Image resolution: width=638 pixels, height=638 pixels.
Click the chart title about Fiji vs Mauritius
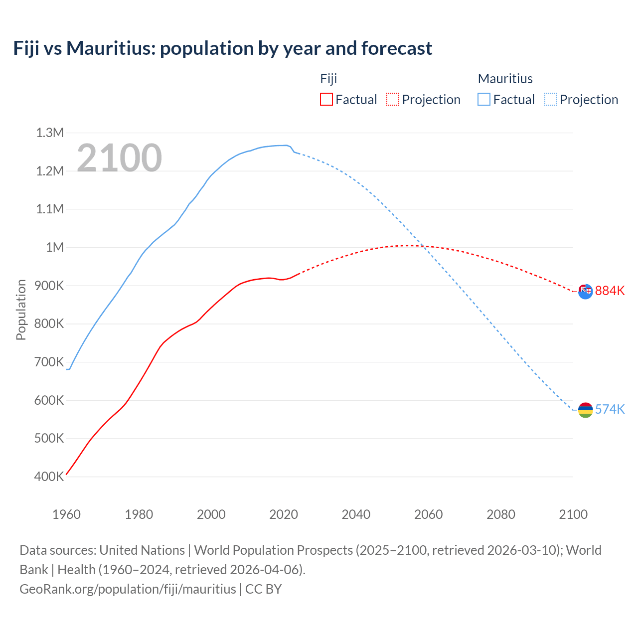pos(223,48)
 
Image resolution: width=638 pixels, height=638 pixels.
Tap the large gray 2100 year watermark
pos(119,158)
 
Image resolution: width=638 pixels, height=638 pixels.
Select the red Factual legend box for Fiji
pos(326,100)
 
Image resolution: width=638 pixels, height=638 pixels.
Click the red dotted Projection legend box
pos(393,100)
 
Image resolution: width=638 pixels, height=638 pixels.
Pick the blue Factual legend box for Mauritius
pos(484,100)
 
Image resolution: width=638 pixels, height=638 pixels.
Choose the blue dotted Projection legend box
pos(551,100)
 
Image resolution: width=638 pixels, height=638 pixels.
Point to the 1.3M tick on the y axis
pos(50,133)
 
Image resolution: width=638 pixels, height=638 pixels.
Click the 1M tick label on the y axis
pos(55,247)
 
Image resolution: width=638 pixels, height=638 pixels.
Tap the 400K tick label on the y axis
pos(49,477)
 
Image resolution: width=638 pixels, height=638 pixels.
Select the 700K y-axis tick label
pos(49,362)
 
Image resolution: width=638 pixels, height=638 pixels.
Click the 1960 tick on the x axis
pos(66,514)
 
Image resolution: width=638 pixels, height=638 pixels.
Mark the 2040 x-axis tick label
pos(356,514)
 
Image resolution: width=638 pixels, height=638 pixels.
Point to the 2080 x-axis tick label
pos(500,514)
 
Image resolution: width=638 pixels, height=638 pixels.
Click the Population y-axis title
pos(21,310)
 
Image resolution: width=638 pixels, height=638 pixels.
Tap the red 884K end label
pos(610,291)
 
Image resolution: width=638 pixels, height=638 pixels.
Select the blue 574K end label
pos(610,409)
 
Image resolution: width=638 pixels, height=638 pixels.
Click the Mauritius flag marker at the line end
pos(585,410)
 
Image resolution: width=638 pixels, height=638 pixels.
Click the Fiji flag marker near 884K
pos(585,291)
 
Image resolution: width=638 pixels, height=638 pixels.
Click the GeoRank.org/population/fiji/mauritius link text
pos(128,589)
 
